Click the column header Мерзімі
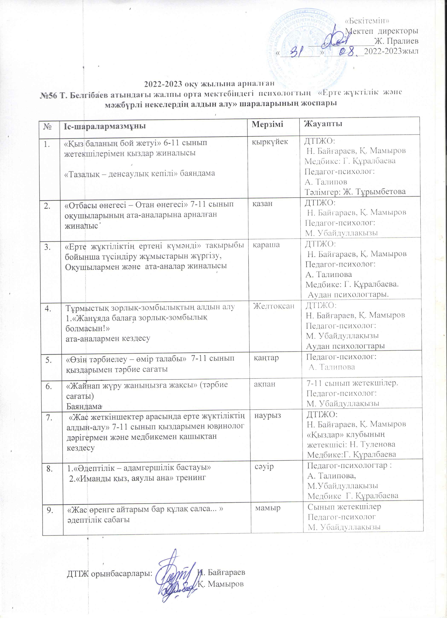coord(267,124)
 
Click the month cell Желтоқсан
coord(273,306)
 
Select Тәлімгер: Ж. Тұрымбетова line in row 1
coord(355,192)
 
